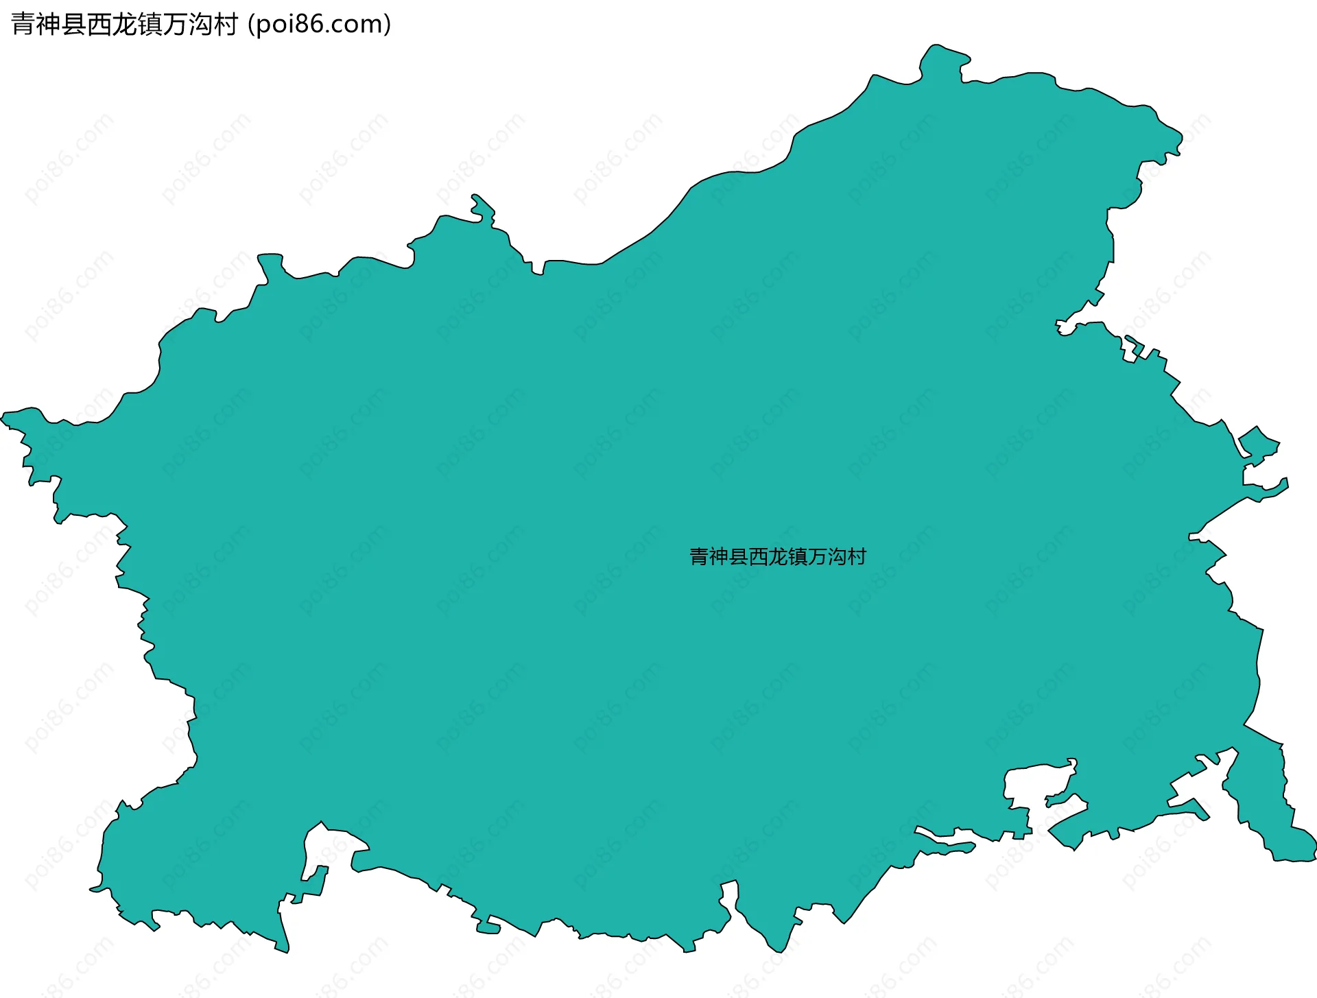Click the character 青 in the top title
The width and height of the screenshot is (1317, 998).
tap(23, 25)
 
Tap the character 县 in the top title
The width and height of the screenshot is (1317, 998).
tap(74, 25)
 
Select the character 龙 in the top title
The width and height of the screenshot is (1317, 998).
tap(124, 25)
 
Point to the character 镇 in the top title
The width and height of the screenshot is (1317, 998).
tap(150, 25)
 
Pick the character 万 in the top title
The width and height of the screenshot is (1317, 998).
tap(175, 25)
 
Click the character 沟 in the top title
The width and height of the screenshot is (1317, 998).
tap(200, 25)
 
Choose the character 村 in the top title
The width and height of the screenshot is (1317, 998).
tap(225, 25)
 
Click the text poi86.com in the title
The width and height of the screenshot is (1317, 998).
tap(320, 25)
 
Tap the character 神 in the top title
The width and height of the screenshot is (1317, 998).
tap(49, 25)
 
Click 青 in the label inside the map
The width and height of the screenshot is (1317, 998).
tap(699, 556)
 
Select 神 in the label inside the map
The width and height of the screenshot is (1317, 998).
tap(719, 556)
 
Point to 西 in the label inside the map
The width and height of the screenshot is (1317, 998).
tap(759, 556)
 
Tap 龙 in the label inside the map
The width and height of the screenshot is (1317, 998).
tap(779, 556)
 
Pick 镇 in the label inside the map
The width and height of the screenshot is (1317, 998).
tap(798, 556)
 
